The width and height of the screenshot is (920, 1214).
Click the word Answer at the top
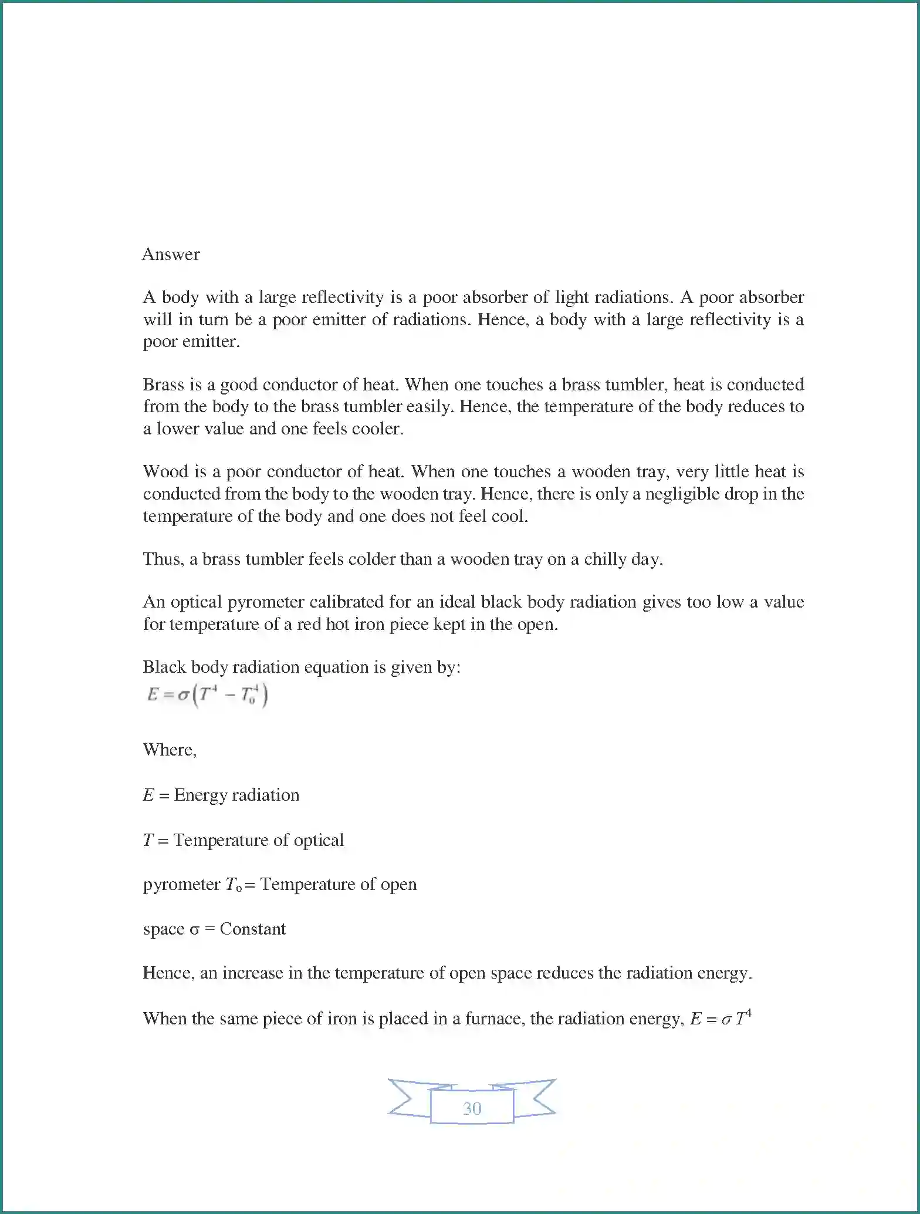pyautogui.click(x=171, y=254)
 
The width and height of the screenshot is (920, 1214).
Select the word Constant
pyautogui.click(x=252, y=929)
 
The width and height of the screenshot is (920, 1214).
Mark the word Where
pyautogui.click(x=169, y=750)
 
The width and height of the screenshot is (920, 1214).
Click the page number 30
pyautogui.click(x=472, y=1108)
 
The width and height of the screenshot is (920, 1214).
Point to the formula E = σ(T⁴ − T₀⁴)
pyautogui.click(x=208, y=696)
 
